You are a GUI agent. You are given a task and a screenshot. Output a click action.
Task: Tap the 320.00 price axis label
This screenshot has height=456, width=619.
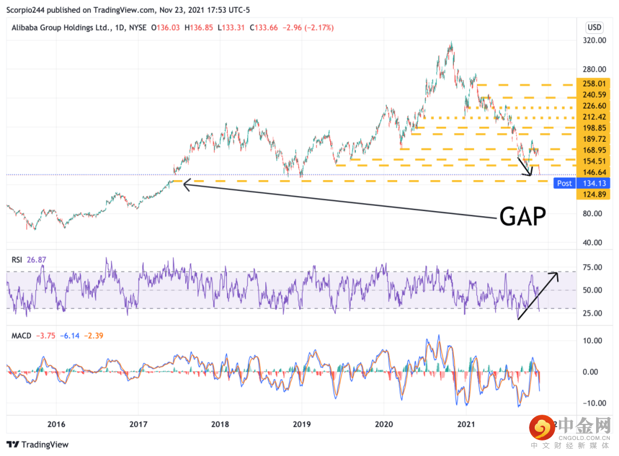pyautogui.click(x=594, y=41)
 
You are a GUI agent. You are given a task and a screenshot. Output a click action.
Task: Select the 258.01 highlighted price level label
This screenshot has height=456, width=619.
pyautogui.click(x=594, y=84)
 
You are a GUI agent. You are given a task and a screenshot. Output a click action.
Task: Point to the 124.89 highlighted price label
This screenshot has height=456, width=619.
pyautogui.click(x=594, y=195)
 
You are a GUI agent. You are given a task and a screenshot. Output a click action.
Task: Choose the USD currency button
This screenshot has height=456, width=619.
pyautogui.click(x=594, y=28)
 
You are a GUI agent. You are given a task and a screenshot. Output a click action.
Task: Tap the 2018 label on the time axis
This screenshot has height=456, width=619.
pyautogui.click(x=220, y=425)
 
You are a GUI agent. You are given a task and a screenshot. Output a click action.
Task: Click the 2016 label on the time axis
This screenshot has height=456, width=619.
pyautogui.click(x=56, y=425)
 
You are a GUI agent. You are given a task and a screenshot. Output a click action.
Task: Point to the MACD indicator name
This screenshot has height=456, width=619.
pyautogui.click(x=21, y=335)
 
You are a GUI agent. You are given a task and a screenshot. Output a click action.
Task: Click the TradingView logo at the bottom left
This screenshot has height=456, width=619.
pyautogui.click(x=37, y=445)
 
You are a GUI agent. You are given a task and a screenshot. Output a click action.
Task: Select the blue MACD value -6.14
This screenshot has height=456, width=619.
pyautogui.click(x=67, y=335)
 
